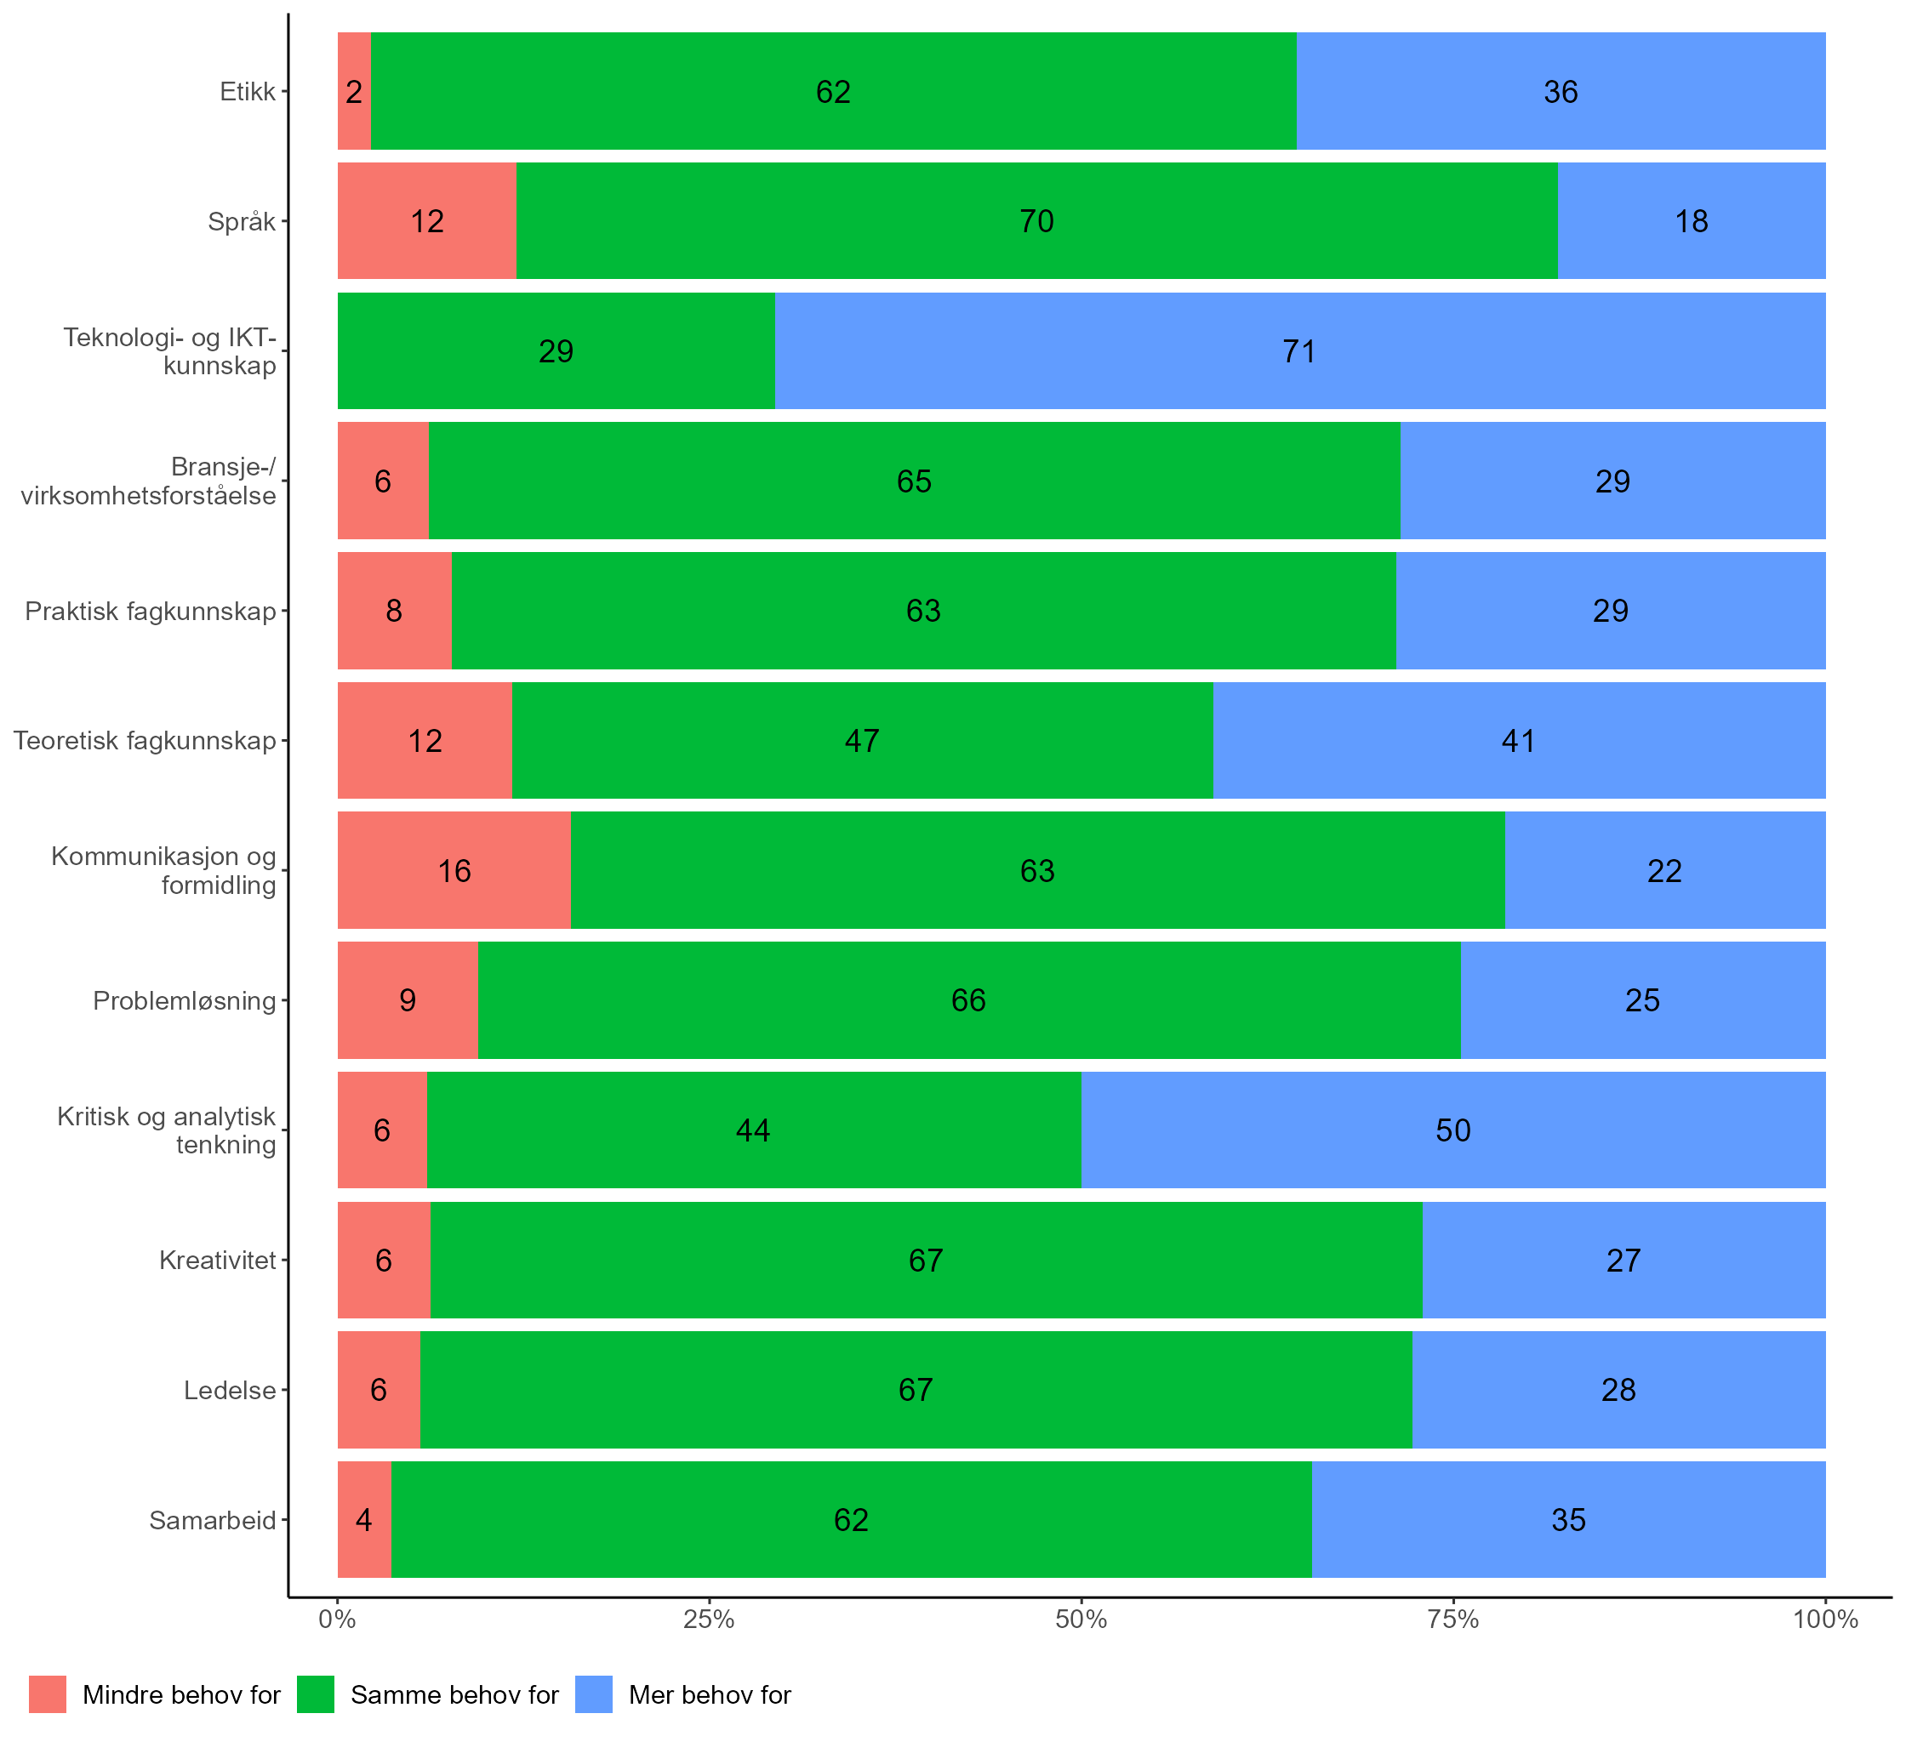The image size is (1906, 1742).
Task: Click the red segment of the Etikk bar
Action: coord(354,91)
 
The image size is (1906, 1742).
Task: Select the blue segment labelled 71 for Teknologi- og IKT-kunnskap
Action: coord(1299,350)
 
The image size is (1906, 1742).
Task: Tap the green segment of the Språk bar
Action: coord(1036,220)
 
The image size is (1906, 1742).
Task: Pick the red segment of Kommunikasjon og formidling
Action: coord(454,869)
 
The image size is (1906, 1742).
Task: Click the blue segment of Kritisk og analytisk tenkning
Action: coord(1452,1130)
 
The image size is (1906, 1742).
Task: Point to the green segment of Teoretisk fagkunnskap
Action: coord(861,740)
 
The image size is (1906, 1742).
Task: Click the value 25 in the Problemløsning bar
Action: coord(1642,1000)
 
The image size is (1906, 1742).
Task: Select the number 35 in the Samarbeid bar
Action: coord(1568,1519)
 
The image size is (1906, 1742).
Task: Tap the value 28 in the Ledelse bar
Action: coord(1618,1390)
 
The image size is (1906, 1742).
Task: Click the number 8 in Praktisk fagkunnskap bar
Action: coord(394,611)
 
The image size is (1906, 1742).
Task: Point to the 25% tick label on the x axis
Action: coord(709,1620)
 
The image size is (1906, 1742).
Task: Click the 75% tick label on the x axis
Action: coord(1453,1620)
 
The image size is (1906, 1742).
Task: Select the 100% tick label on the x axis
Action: coord(1824,1620)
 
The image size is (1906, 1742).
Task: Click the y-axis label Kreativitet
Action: coord(218,1260)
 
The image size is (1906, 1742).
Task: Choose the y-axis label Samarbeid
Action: coord(213,1520)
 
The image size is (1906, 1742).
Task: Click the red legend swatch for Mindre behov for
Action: coord(48,1694)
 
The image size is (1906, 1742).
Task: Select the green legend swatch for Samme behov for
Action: coord(316,1694)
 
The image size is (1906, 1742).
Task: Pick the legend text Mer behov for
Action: coord(709,1694)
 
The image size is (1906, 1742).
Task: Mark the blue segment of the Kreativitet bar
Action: coord(1624,1260)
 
